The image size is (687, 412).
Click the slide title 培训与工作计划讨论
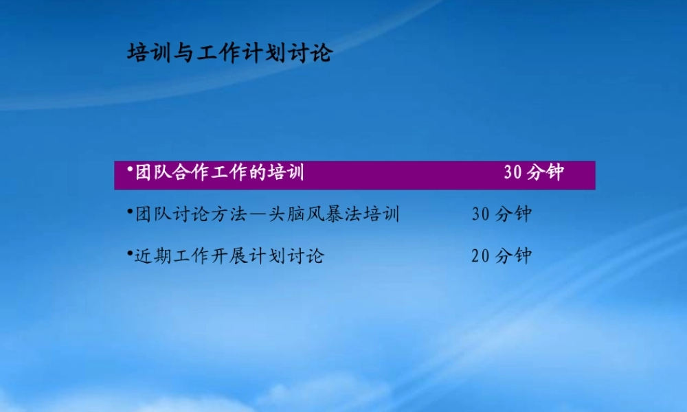pos(229,53)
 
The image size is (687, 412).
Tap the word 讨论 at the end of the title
pos(309,53)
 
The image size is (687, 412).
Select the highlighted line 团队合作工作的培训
pos(220,173)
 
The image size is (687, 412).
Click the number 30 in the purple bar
pos(513,173)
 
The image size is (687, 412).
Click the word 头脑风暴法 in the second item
pos(312,214)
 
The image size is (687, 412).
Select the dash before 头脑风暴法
pos(256,215)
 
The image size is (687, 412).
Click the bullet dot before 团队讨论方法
pos(129,210)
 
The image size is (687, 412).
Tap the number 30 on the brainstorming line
pos(481,214)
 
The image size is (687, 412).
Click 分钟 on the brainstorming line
pos(514,214)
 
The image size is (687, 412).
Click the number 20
pos(481,257)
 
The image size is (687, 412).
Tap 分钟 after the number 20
pos(514,257)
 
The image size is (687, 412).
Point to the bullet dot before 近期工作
pos(129,253)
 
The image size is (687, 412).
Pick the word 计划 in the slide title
pos(264,53)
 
